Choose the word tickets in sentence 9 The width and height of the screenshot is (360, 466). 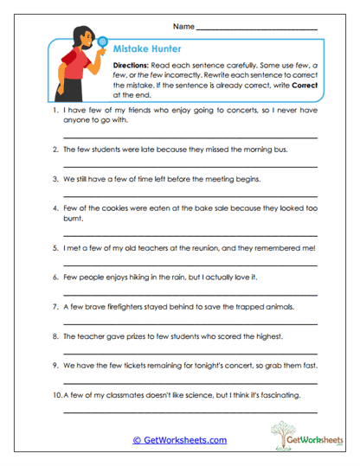[x=139, y=366]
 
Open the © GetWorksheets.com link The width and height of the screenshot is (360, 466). [x=179, y=439]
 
